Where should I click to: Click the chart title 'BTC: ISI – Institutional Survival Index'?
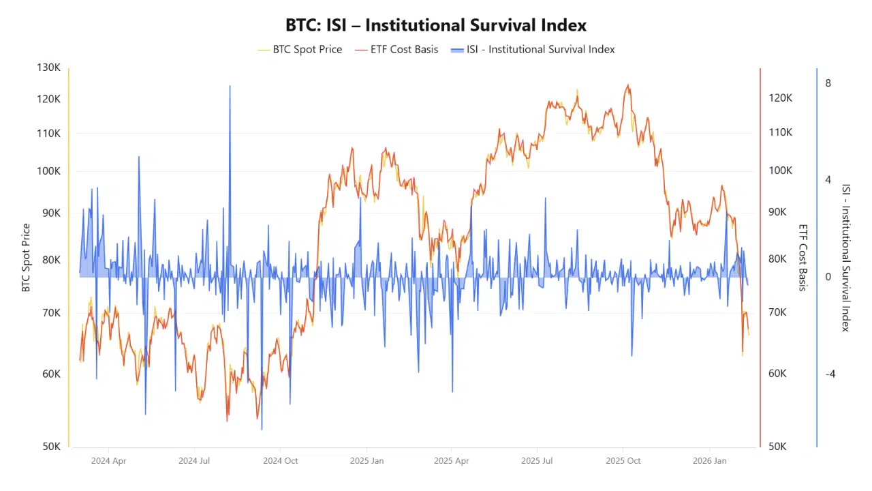pyautogui.click(x=436, y=25)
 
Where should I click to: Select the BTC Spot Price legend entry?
pyautogui.click(x=307, y=49)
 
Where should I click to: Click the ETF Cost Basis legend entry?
pyautogui.click(x=404, y=49)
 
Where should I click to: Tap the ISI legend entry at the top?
pyautogui.click(x=540, y=49)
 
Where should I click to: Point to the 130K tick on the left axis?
pyautogui.click(x=48, y=68)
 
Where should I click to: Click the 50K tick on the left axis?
pyautogui.click(x=51, y=447)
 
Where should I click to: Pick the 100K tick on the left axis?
pyautogui.click(x=48, y=171)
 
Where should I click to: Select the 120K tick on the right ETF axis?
pyautogui.click(x=780, y=98)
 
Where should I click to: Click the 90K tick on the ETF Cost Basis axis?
pyautogui.click(x=777, y=212)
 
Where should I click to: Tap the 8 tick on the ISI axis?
pyautogui.click(x=828, y=83)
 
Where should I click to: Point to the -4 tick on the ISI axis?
pyautogui.click(x=830, y=374)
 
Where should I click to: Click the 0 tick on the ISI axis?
pyautogui.click(x=828, y=277)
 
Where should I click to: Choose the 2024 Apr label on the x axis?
pyautogui.click(x=109, y=461)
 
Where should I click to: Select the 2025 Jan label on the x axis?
pyautogui.click(x=367, y=461)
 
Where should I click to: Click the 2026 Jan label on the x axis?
pyautogui.click(x=709, y=461)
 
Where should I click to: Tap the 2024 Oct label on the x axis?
pyautogui.click(x=281, y=461)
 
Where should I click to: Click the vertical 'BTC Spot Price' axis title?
pyautogui.click(x=26, y=258)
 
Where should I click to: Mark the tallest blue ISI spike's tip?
pyautogui.click(x=230, y=86)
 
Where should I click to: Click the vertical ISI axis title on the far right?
pyautogui.click(x=845, y=258)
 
